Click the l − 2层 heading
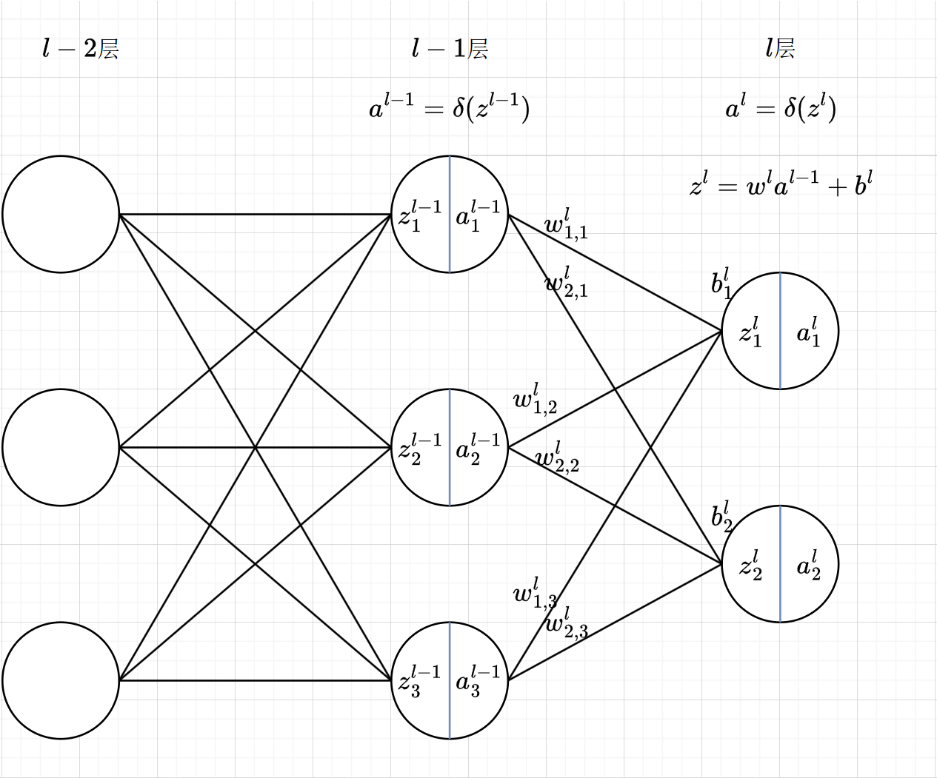(x=81, y=50)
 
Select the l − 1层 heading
(x=450, y=50)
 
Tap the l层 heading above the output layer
(x=780, y=50)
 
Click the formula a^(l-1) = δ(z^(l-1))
(x=449, y=109)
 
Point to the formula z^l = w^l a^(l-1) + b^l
(x=781, y=184)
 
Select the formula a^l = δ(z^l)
(x=781, y=109)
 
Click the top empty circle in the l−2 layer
(x=61, y=214)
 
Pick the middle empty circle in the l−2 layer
(x=61, y=447)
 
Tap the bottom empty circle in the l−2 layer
(x=61, y=680)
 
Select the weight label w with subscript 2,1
(x=566, y=282)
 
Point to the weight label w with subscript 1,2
(x=535, y=400)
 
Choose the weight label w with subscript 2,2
(x=557, y=457)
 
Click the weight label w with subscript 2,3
(x=567, y=623)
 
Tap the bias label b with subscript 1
(x=721, y=284)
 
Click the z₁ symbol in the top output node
(x=750, y=332)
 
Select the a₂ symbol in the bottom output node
(x=808, y=566)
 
